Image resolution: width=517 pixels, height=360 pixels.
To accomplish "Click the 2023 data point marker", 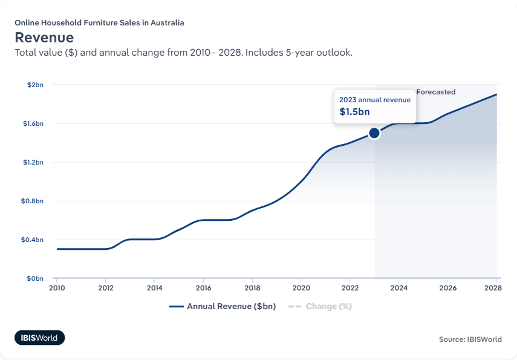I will (x=374, y=133).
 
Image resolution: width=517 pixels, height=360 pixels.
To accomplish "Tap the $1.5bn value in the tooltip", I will (x=354, y=112).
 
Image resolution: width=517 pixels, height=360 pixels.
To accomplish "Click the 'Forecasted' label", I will (x=435, y=92).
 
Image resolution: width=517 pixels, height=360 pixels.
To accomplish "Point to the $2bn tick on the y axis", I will (x=35, y=85).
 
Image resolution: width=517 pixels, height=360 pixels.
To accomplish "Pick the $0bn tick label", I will (x=35, y=278).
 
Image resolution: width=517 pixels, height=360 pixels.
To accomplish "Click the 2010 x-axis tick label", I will (x=57, y=288).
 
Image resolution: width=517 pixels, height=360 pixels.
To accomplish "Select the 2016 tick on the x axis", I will (x=203, y=288).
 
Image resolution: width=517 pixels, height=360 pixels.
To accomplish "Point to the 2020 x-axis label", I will (x=301, y=288).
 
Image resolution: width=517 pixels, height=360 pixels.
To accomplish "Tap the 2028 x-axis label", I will (x=496, y=288).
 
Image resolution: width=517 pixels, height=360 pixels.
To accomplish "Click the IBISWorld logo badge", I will (x=39, y=338).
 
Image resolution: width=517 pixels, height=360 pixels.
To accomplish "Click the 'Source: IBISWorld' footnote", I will (x=470, y=339).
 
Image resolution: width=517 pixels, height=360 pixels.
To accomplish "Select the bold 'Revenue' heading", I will (x=44, y=38).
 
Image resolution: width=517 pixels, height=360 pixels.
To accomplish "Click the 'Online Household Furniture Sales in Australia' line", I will (x=99, y=23).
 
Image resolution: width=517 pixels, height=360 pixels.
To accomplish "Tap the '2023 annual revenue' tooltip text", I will (x=375, y=99).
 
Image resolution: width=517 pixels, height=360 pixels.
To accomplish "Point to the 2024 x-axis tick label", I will (x=398, y=288).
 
